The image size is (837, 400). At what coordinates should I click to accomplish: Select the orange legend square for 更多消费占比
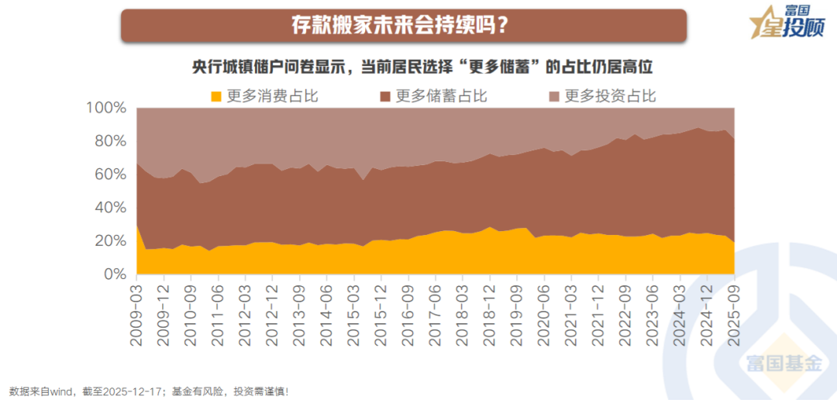click(x=216, y=97)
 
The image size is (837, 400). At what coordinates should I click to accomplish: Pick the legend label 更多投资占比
click(x=609, y=96)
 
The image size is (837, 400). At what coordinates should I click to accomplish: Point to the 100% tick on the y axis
click(x=104, y=108)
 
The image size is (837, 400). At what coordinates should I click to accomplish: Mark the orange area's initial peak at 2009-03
click(x=137, y=225)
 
